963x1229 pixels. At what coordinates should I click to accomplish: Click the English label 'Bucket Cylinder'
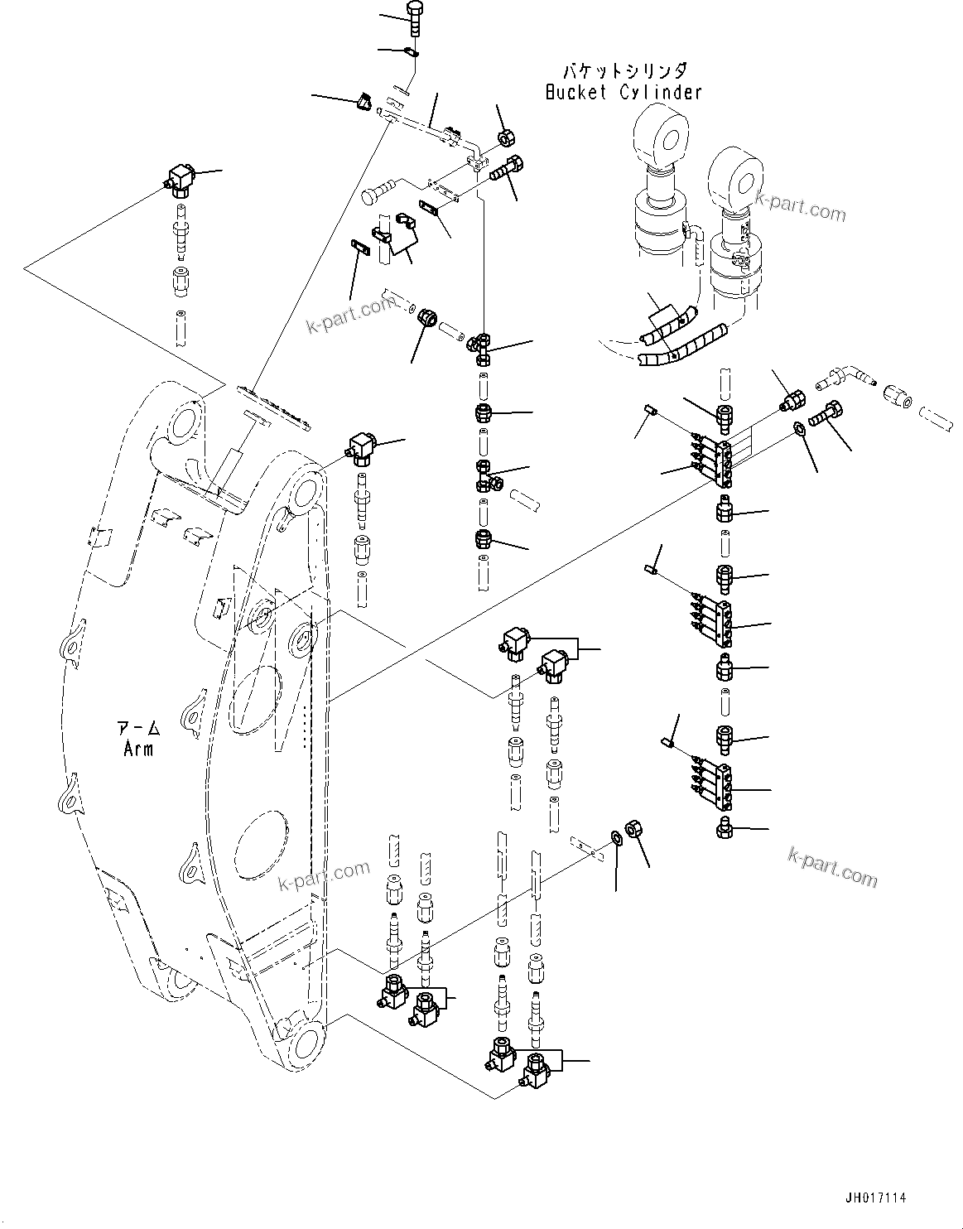click(623, 92)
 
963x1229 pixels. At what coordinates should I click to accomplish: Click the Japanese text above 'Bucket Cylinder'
click(623, 72)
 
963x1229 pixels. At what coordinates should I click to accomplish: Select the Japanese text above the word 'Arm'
click(137, 730)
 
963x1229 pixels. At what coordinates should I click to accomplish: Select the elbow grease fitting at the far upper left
click(179, 178)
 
